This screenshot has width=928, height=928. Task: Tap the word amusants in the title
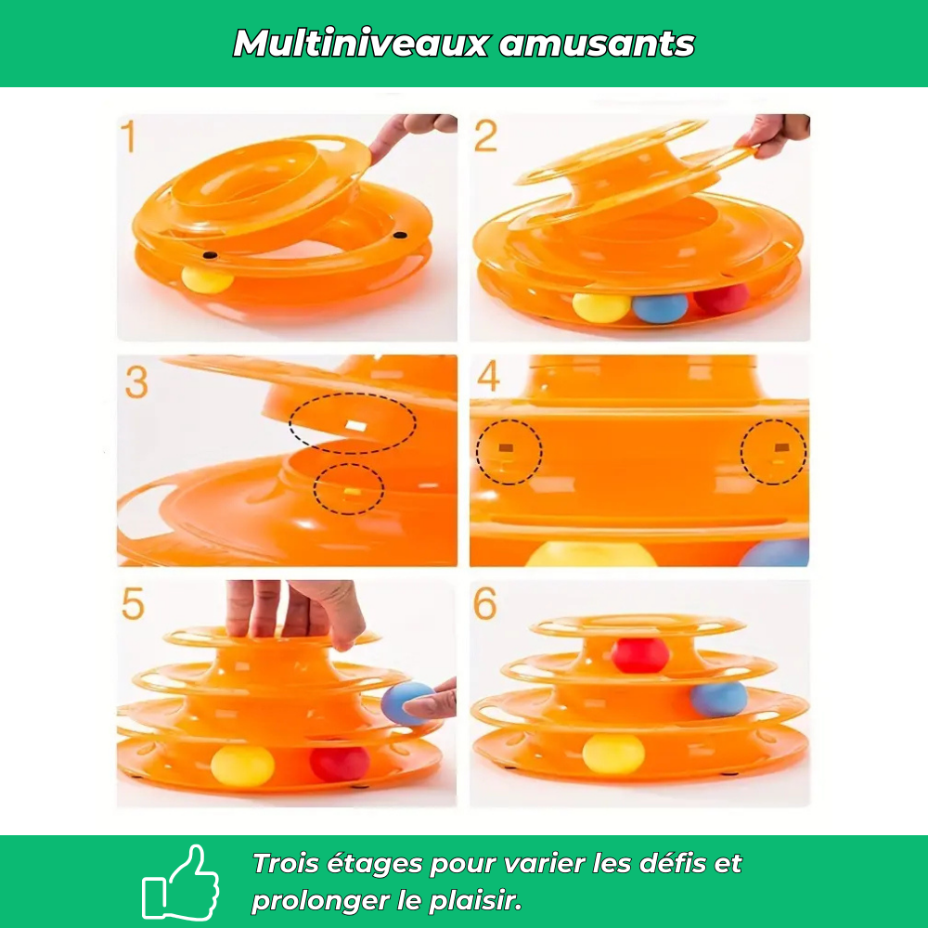point(597,45)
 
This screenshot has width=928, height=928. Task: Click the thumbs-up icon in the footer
point(181,883)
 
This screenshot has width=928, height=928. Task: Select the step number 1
point(128,136)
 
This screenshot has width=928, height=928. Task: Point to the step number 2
point(486,136)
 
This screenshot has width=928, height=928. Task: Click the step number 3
point(136,382)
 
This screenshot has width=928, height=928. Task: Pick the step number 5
point(133,604)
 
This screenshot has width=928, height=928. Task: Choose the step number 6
point(485,604)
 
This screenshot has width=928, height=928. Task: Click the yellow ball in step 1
point(207,279)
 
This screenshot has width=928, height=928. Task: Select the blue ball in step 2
point(660,308)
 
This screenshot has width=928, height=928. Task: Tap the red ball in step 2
point(722,299)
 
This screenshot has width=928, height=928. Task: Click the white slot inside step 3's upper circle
point(356,426)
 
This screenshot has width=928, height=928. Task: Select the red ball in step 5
point(340,764)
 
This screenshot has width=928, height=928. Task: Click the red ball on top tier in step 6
point(639,655)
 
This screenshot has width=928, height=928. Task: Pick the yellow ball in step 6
point(613,754)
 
